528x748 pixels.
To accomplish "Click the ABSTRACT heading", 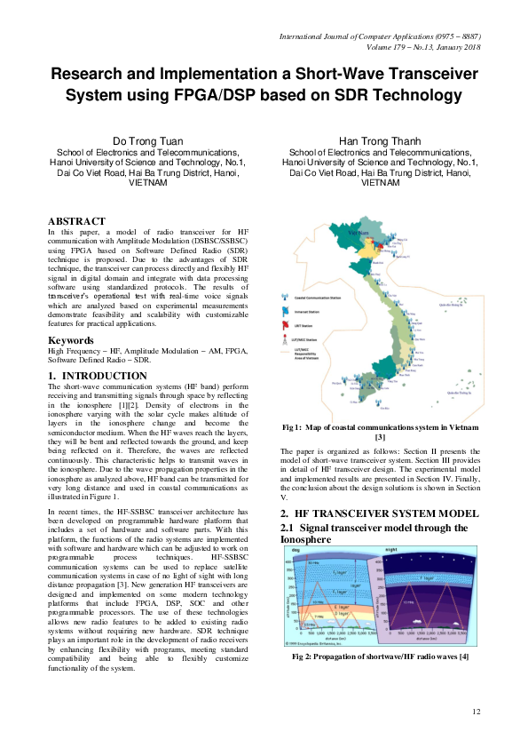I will [x=76, y=221].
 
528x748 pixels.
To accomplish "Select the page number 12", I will [x=476, y=712].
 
